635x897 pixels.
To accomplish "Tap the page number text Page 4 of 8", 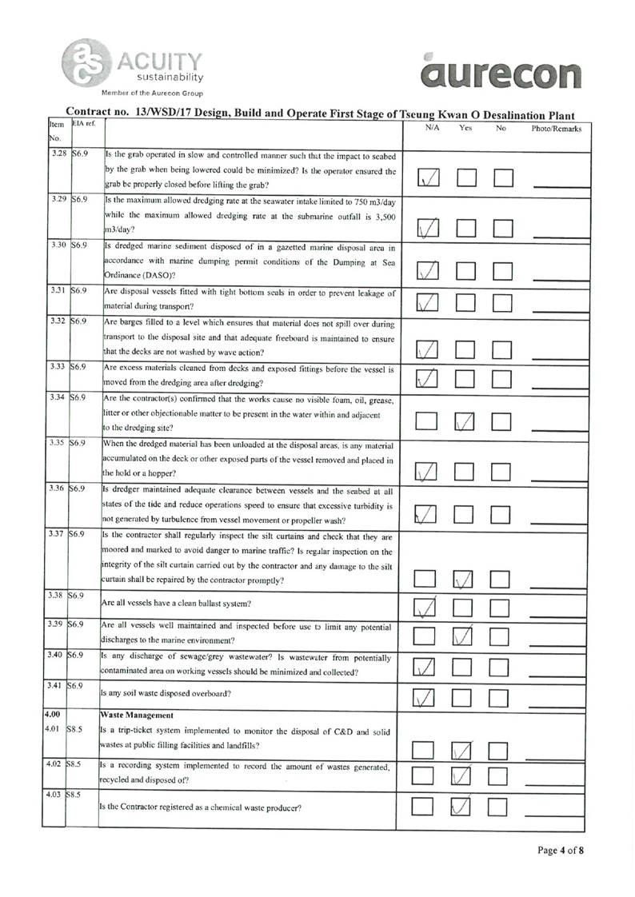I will point(561,850).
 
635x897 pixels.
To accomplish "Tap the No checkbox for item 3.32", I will point(504,349).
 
